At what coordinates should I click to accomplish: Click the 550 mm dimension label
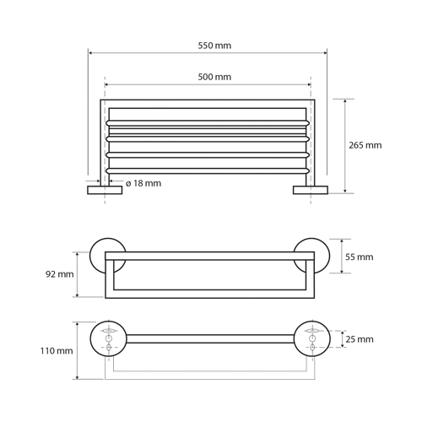(x=214, y=46)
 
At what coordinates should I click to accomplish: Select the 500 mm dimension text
(x=214, y=77)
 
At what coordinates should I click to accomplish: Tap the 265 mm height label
(x=365, y=145)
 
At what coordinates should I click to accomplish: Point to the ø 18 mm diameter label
(x=143, y=183)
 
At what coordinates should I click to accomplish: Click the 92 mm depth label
(x=60, y=274)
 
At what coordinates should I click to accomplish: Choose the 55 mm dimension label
(x=360, y=257)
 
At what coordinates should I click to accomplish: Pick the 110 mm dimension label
(x=57, y=351)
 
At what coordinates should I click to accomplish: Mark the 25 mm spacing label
(x=360, y=339)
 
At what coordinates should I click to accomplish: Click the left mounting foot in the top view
(x=105, y=190)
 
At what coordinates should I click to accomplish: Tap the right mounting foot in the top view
(x=311, y=190)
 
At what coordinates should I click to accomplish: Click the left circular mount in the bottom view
(x=109, y=338)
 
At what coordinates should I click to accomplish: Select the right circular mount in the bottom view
(x=312, y=338)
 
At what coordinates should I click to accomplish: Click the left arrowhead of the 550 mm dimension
(x=89, y=52)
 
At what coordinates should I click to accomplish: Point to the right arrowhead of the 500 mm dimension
(x=309, y=84)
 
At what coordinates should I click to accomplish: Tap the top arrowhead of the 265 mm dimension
(x=345, y=101)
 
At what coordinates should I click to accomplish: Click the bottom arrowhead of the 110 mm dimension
(x=78, y=377)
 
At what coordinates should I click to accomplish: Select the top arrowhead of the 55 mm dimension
(x=342, y=241)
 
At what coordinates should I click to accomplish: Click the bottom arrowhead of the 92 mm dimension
(x=78, y=295)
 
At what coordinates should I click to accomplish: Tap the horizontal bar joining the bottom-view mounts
(x=210, y=338)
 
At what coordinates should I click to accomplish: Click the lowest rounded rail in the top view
(x=208, y=170)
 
